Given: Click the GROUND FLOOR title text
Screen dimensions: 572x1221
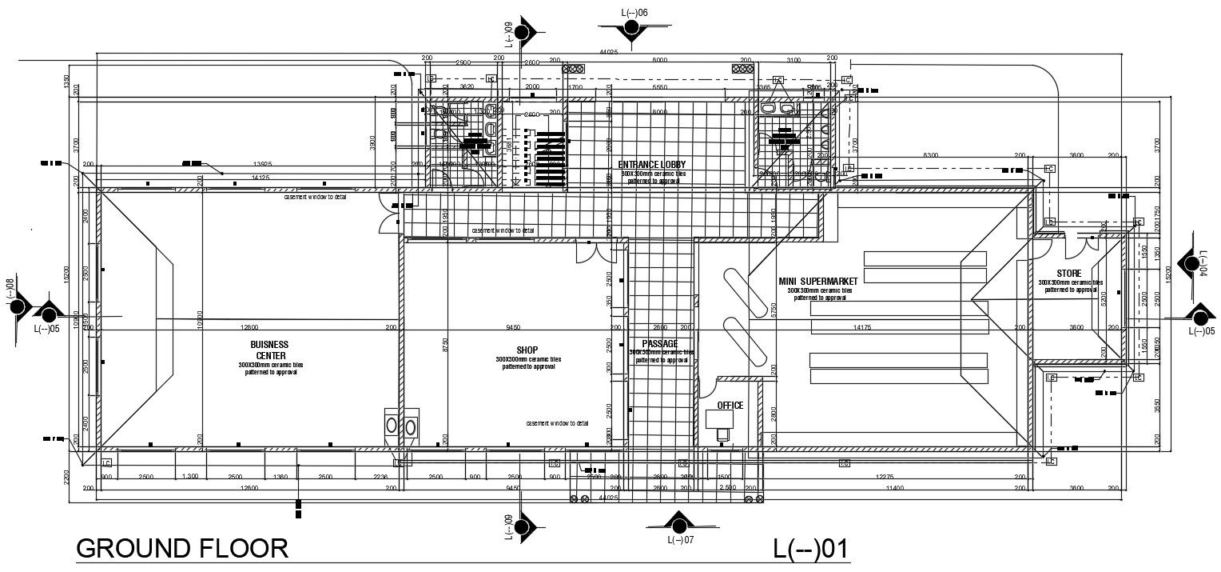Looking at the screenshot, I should click(181, 549).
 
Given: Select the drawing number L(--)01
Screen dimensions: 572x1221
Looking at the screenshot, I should click(809, 550).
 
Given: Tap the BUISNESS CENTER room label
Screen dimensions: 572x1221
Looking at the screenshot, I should click(271, 350).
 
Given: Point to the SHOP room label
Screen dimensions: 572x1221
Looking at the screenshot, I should click(527, 350).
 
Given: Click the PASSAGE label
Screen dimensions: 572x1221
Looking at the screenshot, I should click(659, 343).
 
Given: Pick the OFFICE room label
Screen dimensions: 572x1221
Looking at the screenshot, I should click(730, 406).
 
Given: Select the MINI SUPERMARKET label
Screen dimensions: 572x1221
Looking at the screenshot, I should click(817, 282).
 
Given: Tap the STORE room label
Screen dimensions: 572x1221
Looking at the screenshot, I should click(1068, 274).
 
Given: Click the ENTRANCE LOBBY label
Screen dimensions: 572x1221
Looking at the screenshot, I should click(651, 165).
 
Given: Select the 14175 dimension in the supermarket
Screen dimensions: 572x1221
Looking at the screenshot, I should click(861, 327).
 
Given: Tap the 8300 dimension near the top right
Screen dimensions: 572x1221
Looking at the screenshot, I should click(930, 155).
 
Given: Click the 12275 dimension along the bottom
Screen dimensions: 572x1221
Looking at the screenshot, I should click(884, 478).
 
